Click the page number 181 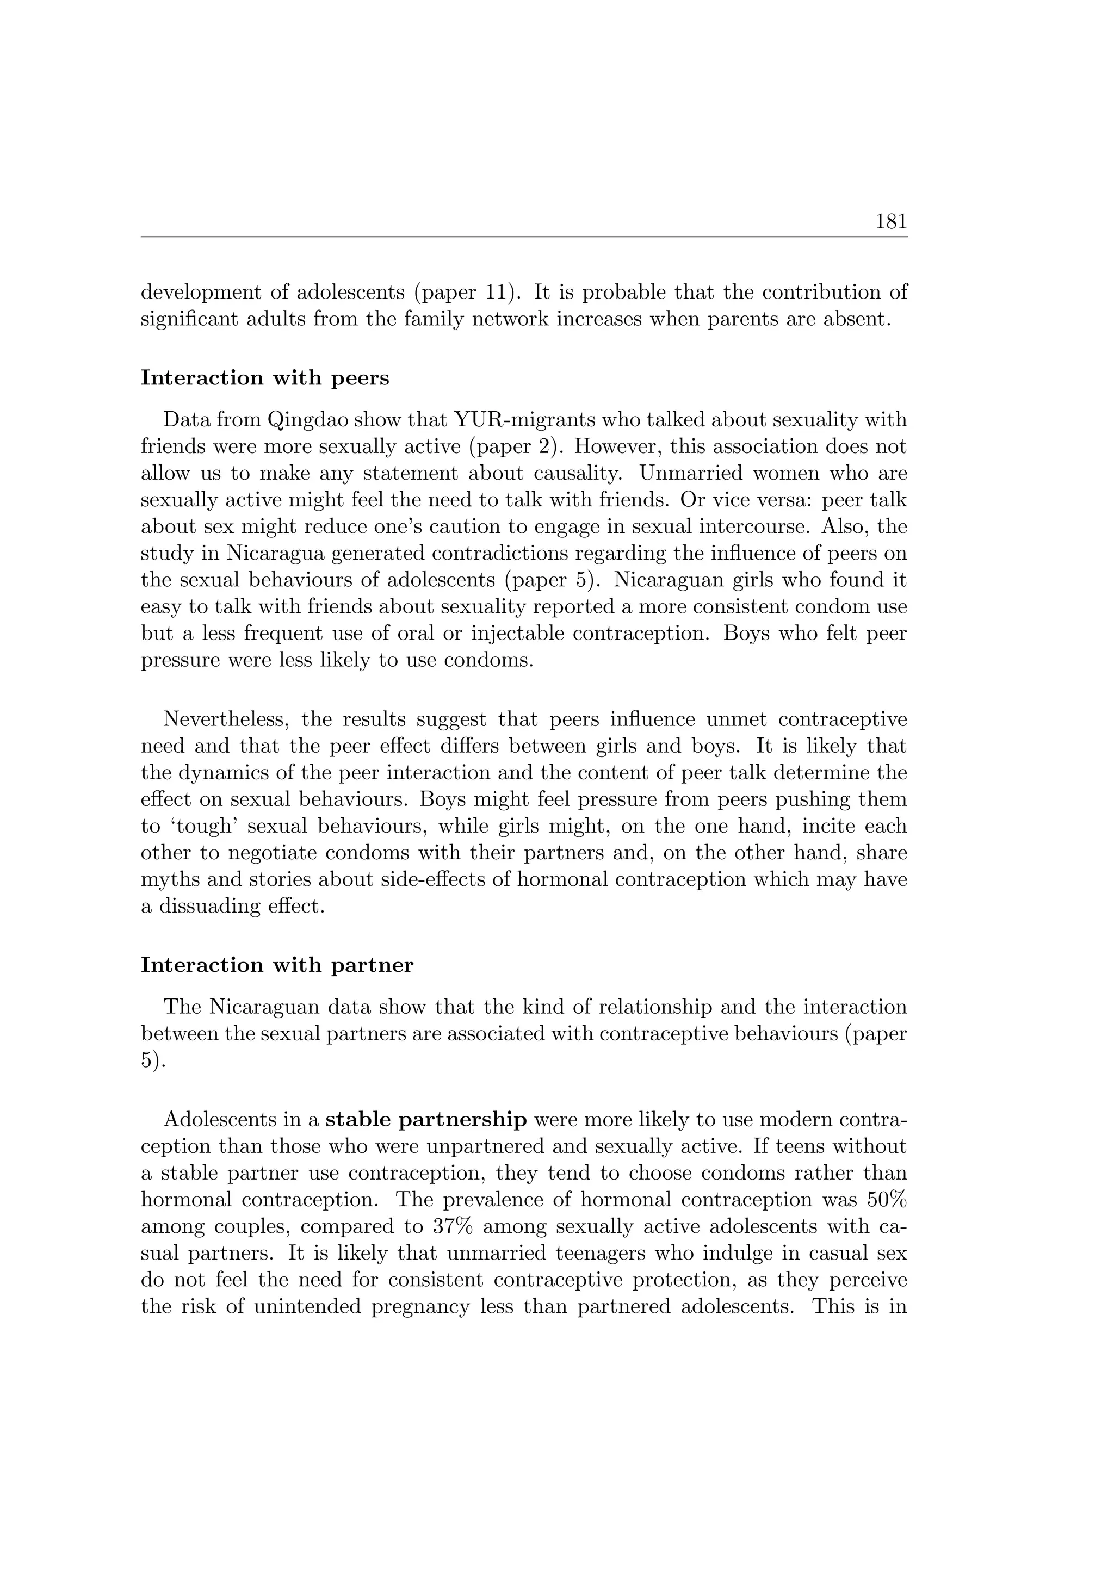click(890, 222)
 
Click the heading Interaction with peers click(265, 379)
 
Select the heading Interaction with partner click(276, 965)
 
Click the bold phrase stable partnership click(425, 1120)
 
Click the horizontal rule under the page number click(524, 237)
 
